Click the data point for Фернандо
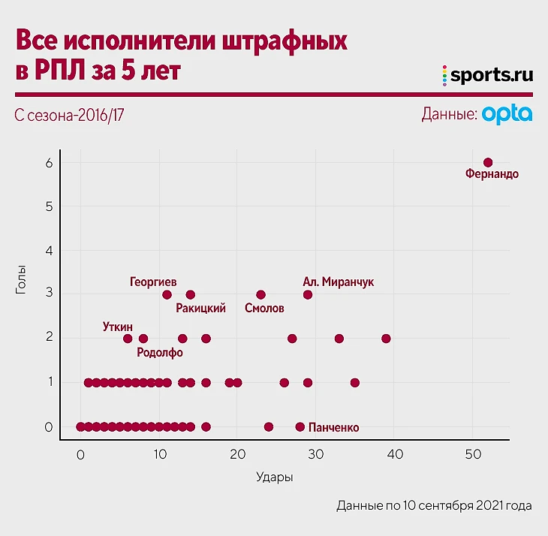488,162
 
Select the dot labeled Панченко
300,426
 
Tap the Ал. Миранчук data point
308,294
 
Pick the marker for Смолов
260,294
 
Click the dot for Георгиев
167,294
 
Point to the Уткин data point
128,339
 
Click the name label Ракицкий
200,309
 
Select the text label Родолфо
160,352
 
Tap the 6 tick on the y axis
49,163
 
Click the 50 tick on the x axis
473,454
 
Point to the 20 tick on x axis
238,454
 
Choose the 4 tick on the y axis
49,251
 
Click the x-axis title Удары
274,477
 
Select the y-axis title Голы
21,279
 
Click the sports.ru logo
488,75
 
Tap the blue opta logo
507,113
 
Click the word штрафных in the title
285,41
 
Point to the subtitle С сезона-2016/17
69,116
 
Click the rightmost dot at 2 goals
386,339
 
